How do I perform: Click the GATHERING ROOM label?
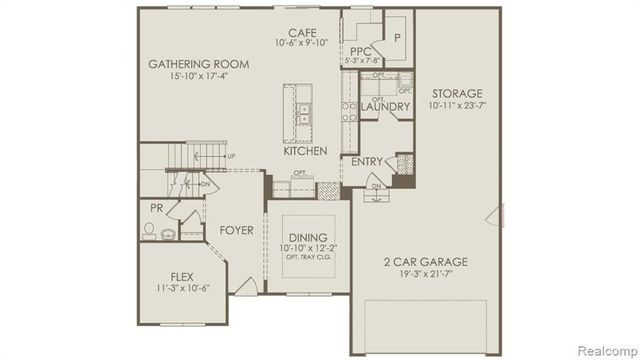click(198, 64)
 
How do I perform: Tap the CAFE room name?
click(303, 32)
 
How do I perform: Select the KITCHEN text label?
click(305, 151)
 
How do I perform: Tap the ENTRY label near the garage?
click(367, 161)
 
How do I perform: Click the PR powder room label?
click(156, 209)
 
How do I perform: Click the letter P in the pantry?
click(397, 37)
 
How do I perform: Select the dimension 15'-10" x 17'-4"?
click(198, 77)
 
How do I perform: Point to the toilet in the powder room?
click(150, 230)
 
